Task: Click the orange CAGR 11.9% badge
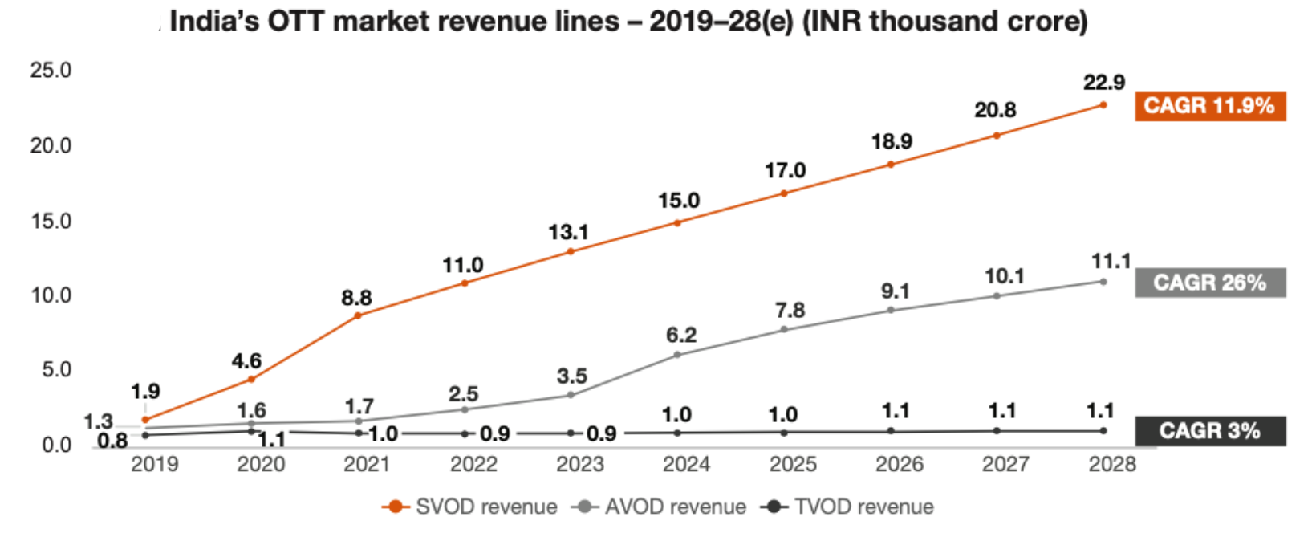point(1209,106)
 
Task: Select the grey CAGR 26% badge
point(1209,283)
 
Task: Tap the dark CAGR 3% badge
point(1209,431)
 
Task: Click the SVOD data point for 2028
point(1103,105)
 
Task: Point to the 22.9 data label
point(1104,83)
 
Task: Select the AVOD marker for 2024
point(677,355)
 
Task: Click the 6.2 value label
point(681,335)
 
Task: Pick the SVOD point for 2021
point(358,315)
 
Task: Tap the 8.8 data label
point(356,298)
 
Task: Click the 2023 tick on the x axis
point(579,464)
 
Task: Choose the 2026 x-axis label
point(899,464)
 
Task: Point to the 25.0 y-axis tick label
point(51,71)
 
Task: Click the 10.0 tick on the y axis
point(51,295)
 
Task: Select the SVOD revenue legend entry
point(470,507)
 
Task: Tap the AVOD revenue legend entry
point(660,507)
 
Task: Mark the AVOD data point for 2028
point(1103,282)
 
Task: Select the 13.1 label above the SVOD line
point(568,233)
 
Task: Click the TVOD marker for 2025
point(784,433)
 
